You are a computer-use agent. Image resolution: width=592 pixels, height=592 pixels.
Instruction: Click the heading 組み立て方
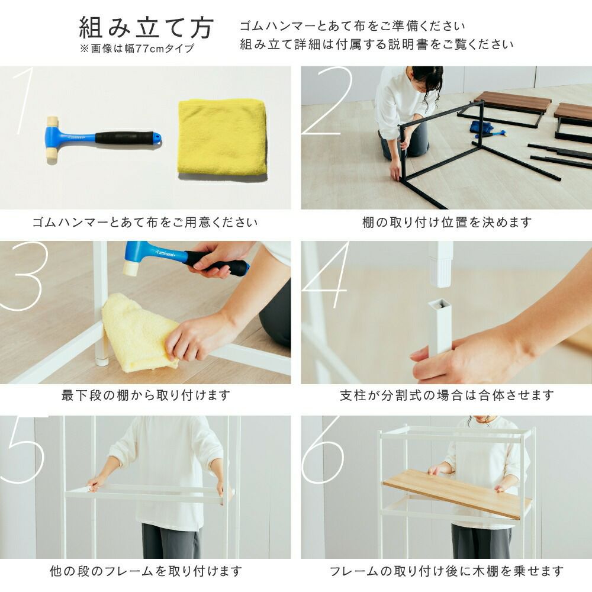point(146,27)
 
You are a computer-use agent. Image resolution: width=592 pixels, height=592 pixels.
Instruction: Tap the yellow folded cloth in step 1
point(223,137)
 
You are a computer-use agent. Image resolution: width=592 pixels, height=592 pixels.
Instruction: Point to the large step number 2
point(327,101)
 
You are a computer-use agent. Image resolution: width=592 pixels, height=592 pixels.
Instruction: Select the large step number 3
point(24,276)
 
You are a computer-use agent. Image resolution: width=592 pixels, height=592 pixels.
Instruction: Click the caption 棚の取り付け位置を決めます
point(446,223)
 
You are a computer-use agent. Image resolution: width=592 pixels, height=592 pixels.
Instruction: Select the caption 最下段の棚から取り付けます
point(146,395)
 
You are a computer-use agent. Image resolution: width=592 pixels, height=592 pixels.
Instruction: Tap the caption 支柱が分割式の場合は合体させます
point(446,395)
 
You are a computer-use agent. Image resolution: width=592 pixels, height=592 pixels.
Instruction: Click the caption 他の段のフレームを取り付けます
point(146,571)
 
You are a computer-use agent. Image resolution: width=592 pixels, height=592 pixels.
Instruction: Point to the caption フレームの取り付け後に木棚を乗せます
point(446,571)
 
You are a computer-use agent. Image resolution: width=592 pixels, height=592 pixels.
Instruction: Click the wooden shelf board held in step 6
point(457,493)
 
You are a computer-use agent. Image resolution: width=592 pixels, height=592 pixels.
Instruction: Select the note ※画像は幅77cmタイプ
point(137,49)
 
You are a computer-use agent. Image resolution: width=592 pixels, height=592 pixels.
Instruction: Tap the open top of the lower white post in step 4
point(440,303)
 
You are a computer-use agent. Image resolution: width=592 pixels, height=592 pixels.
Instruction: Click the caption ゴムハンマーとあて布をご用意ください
point(145,223)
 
